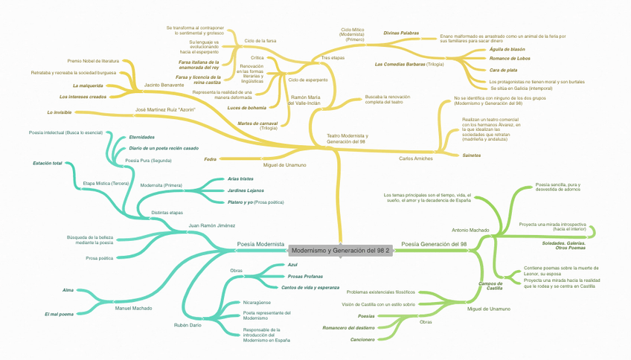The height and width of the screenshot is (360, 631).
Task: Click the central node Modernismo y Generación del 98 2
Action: [x=340, y=251]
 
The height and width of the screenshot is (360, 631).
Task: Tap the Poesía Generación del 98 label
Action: [x=434, y=244]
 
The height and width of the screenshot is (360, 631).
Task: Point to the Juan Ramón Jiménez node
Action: [x=212, y=225]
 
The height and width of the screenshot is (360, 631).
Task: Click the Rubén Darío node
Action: [x=187, y=325]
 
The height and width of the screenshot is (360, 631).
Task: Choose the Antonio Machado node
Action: [x=471, y=231]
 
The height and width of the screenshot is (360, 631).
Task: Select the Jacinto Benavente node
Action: [x=164, y=85]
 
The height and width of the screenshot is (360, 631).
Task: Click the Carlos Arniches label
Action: [x=416, y=158]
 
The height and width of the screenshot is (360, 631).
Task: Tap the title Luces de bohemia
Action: [x=247, y=108]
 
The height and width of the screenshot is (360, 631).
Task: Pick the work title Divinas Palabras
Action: [x=401, y=33]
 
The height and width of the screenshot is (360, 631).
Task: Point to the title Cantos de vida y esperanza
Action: [x=310, y=287]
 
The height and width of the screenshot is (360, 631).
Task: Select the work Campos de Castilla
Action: [x=490, y=286]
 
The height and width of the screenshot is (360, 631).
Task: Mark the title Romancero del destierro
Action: [x=348, y=328]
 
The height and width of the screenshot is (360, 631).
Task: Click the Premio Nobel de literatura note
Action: [x=93, y=60]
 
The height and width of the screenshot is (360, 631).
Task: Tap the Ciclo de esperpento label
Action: [x=308, y=80]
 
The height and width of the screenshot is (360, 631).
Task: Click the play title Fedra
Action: [x=210, y=158]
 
